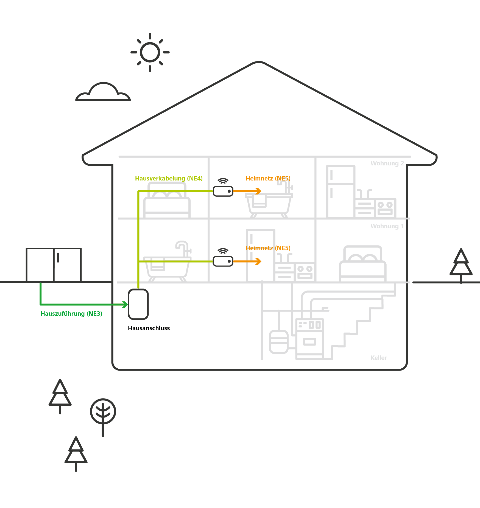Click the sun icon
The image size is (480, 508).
pyautogui.click(x=150, y=52)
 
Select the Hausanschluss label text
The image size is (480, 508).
pyautogui.click(x=149, y=328)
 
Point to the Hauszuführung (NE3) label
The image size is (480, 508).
pyautogui.click(x=71, y=314)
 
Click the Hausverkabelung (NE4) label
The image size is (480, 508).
pyautogui.click(x=169, y=178)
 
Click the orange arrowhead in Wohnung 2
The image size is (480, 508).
pyautogui.click(x=258, y=191)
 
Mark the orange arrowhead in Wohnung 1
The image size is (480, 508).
pyautogui.click(x=258, y=261)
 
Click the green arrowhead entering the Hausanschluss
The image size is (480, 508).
pyautogui.click(x=125, y=304)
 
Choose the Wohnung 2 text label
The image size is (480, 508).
pyautogui.click(x=387, y=163)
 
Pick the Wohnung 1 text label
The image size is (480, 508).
pyautogui.click(x=387, y=226)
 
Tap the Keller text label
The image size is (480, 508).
pyautogui.click(x=379, y=358)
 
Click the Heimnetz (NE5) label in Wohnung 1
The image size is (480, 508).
pyautogui.click(x=268, y=248)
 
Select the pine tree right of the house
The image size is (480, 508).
pyautogui.click(x=461, y=274)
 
